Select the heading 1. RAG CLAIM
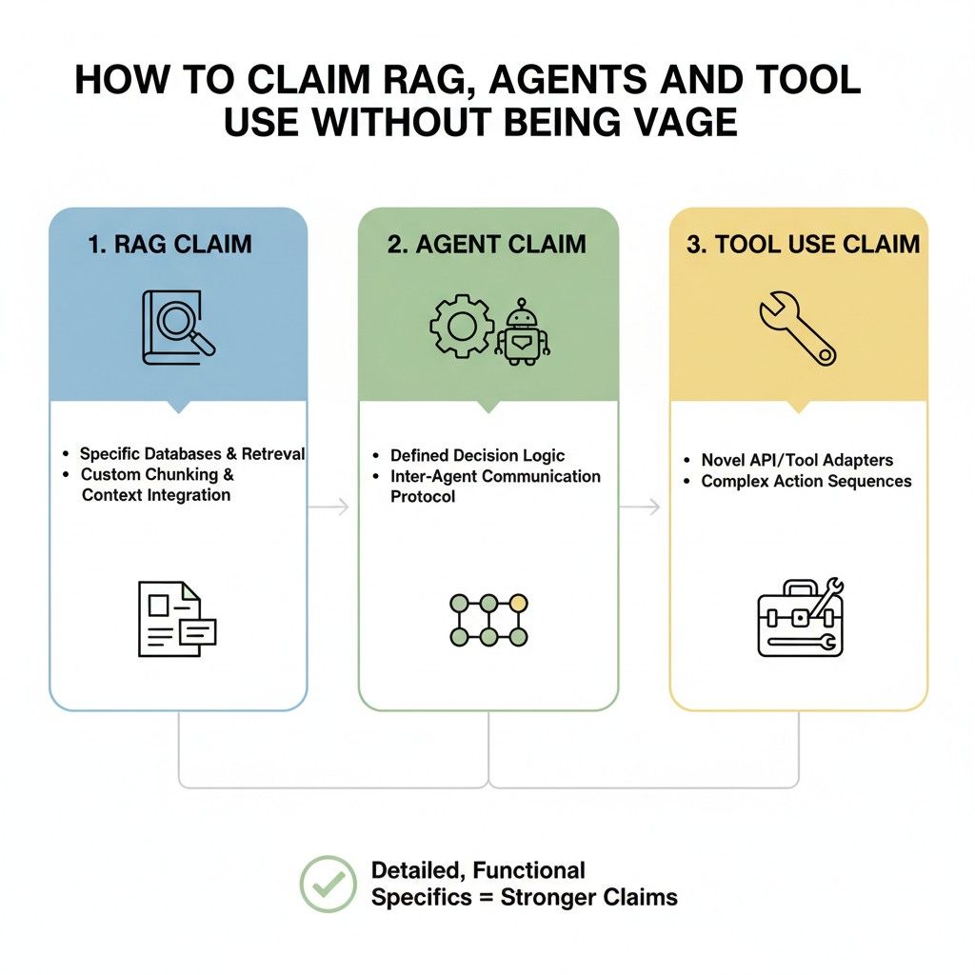pos(169,244)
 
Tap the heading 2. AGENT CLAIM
pos(487,244)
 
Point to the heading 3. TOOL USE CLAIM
pos(803,244)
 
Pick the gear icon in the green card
pos(462,327)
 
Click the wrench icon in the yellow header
pos(797,328)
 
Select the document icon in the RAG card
pos(177,618)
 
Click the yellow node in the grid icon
pos(518,603)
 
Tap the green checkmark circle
pos(328,884)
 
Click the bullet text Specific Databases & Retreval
pos(192,454)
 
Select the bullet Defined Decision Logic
pos(477,456)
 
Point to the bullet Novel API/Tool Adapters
pos(797,460)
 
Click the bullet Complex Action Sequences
pos(806,481)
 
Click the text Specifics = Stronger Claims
pos(524,897)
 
